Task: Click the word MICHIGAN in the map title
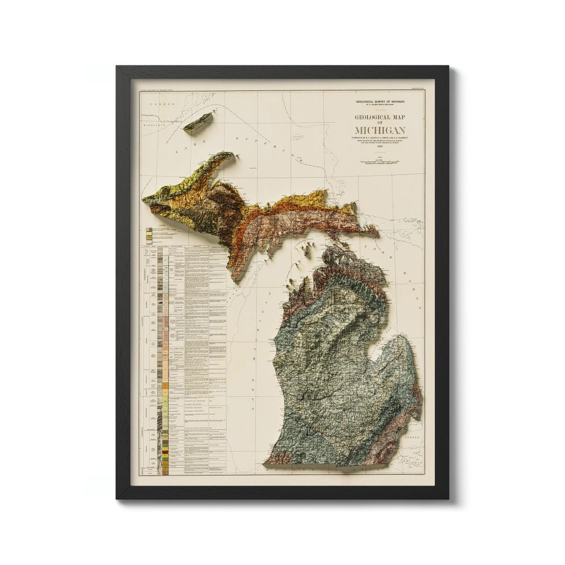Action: pos(380,130)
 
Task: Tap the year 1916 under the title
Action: pos(380,148)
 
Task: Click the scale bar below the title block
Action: pos(380,162)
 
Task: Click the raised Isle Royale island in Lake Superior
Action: pos(198,122)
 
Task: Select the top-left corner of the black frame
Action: pos(118,67)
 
